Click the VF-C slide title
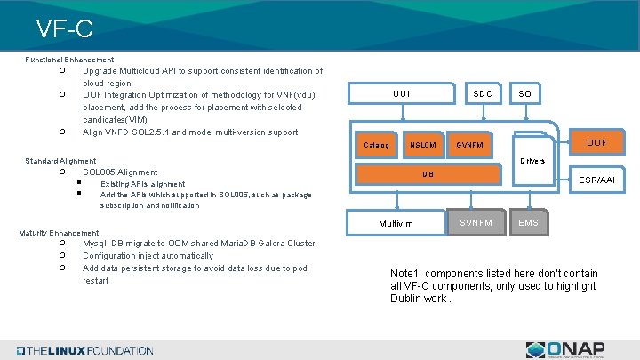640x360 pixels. (x=65, y=28)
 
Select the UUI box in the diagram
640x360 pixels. (x=402, y=93)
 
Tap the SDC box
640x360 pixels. (x=483, y=93)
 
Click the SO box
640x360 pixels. (x=525, y=93)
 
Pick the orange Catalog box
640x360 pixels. (x=377, y=145)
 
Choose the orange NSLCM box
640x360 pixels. (x=422, y=145)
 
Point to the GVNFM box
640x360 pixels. (x=471, y=145)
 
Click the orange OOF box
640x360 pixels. (x=596, y=142)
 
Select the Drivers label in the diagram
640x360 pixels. (x=532, y=161)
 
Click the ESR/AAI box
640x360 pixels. (x=596, y=180)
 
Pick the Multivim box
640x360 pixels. (x=396, y=223)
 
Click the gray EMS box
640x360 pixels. (x=528, y=222)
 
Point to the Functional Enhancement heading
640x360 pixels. (x=69, y=60)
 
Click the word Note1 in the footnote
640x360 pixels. (x=406, y=274)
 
